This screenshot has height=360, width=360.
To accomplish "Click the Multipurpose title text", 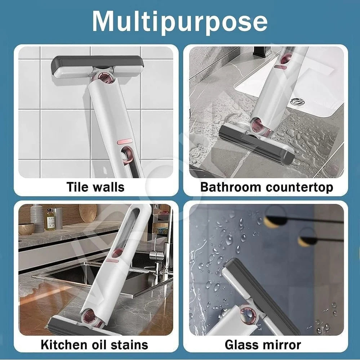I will coord(180,21).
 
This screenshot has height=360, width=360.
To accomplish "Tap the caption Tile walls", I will coord(95,187).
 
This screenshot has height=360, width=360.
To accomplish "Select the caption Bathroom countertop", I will coord(266,187).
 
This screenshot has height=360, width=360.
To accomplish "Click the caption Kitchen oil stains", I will coord(94,344).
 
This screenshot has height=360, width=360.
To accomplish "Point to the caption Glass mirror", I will coord(263,345).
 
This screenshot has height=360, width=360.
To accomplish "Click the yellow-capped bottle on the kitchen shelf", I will coord(50,220).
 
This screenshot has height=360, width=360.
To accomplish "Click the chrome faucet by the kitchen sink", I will coord(159,248).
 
